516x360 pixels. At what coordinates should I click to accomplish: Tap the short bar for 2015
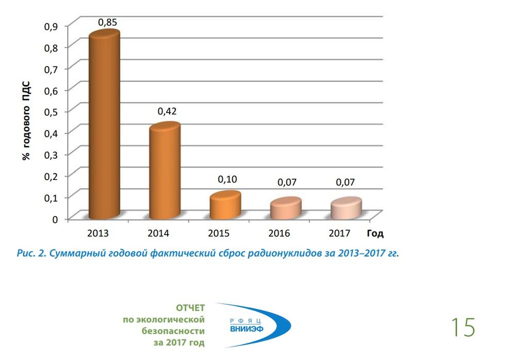[x=225, y=205]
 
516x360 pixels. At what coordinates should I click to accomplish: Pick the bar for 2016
[x=285, y=207]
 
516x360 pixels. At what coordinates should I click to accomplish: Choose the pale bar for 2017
[x=346, y=207]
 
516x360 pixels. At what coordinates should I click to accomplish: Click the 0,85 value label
[x=108, y=22]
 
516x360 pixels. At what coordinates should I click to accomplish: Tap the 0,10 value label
[x=227, y=179]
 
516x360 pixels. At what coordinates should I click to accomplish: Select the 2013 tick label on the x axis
[x=98, y=234]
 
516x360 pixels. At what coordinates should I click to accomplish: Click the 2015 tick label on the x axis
[x=219, y=234]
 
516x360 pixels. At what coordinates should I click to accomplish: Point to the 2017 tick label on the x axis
[x=340, y=234]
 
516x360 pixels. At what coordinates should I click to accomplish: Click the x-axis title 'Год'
[x=375, y=234]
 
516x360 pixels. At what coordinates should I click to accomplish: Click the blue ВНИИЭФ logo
[x=253, y=325]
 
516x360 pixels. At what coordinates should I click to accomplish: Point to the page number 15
[x=462, y=328]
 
